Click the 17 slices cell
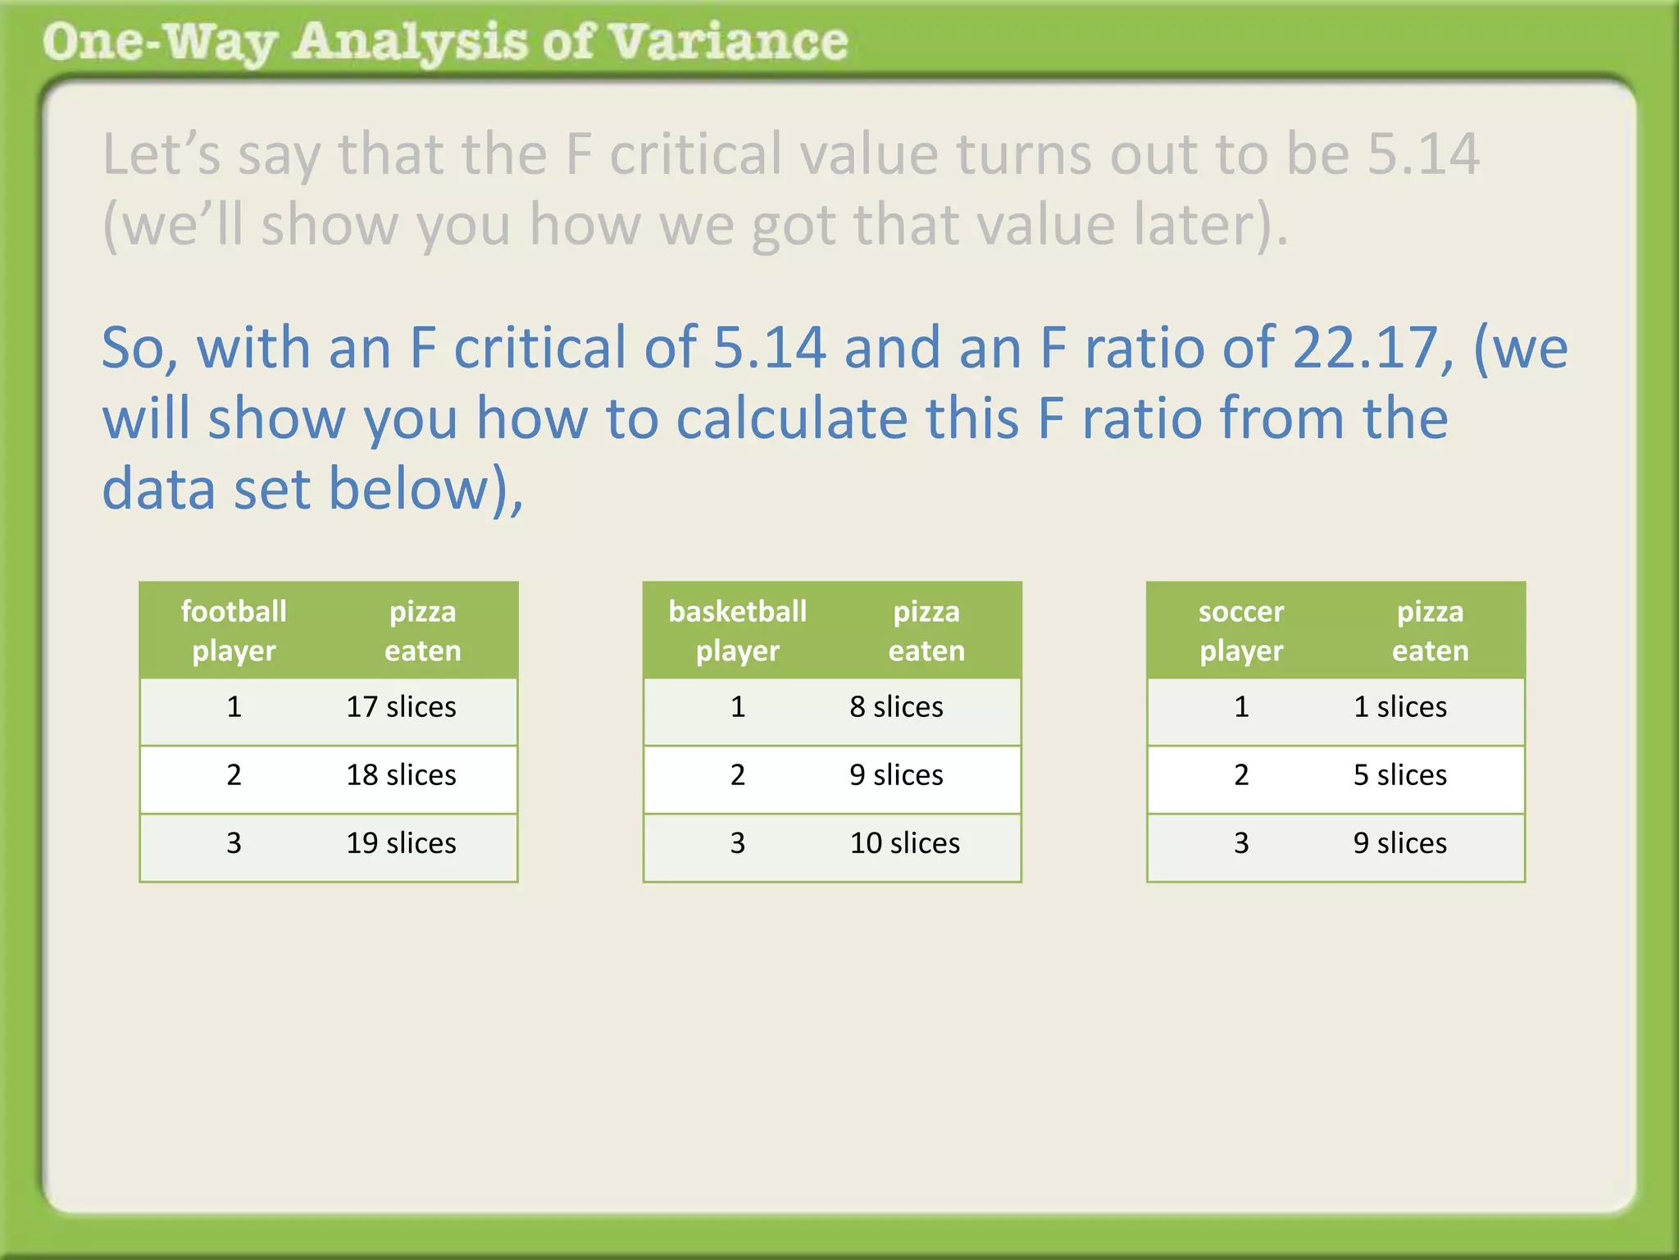[x=401, y=707]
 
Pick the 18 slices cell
[x=401, y=775]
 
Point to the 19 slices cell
[x=401, y=843]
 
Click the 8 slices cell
[x=896, y=707]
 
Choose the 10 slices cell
[x=904, y=843]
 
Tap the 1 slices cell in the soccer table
[x=1399, y=707]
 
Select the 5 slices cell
[x=1399, y=775]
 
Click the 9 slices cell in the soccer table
[x=1399, y=843]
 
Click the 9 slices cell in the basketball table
[x=896, y=775]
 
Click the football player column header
[x=234, y=631]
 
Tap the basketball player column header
[x=737, y=631]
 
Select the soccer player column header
[x=1241, y=631]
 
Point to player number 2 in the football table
[x=234, y=775]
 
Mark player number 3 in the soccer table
[x=1241, y=843]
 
